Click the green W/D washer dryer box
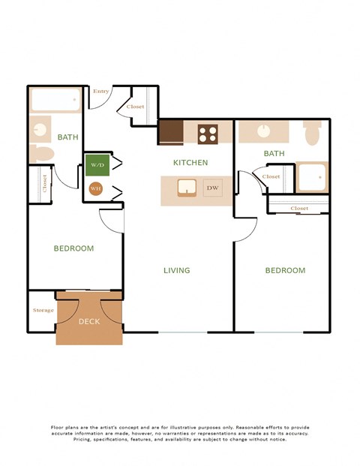pyautogui.click(x=96, y=164)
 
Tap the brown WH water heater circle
pyautogui.click(x=95, y=189)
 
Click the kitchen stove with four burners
pyautogui.click(x=208, y=134)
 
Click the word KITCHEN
pyautogui.click(x=190, y=162)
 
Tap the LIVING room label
pyautogui.click(x=177, y=270)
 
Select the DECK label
pyautogui.click(x=88, y=321)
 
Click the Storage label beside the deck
pyautogui.click(x=43, y=310)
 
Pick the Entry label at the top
pyautogui.click(x=101, y=92)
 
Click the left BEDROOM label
pyautogui.click(x=73, y=248)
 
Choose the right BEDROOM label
pyautogui.click(x=286, y=270)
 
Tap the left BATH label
pyautogui.click(x=67, y=137)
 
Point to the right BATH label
pyautogui.click(x=274, y=154)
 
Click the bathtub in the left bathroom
pyautogui.click(x=55, y=100)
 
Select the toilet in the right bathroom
pyautogui.click(x=313, y=133)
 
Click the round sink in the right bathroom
pyautogui.click(x=264, y=131)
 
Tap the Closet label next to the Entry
pyautogui.click(x=136, y=107)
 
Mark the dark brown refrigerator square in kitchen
pyautogui.click(x=170, y=132)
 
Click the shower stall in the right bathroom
pyautogui.click(x=311, y=177)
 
